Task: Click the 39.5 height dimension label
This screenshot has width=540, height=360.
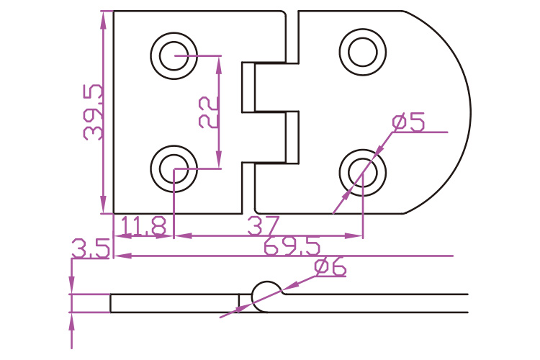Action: (x=93, y=112)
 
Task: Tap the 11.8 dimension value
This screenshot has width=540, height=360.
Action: (x=143, y=226)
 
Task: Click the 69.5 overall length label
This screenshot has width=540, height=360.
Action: (x=292, y=247)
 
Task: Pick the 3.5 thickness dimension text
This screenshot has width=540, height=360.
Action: (x=90, y=249)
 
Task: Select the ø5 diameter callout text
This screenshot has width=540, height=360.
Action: (x=408, y=122)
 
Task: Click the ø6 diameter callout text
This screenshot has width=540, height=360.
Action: (x=330, y=268)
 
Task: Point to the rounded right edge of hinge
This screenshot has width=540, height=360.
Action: (x=469, y=112)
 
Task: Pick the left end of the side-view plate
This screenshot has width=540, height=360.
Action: (x=111, y=303)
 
